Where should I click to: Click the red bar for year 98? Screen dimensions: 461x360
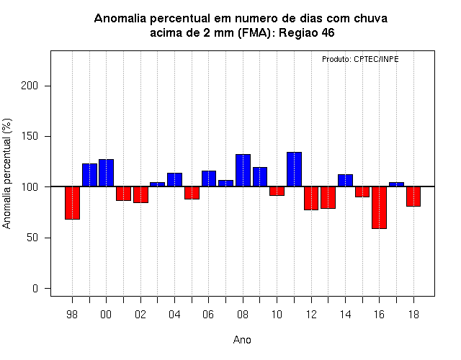point(72,203)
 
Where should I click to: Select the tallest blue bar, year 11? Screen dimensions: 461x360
point(295,169)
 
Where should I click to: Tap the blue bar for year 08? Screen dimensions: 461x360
point(243,170)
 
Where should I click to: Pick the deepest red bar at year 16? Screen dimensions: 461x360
point(380,207)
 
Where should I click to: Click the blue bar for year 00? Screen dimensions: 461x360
point(106,173)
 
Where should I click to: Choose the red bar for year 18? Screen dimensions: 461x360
point(413,197)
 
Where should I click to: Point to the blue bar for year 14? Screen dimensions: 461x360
point(346,181)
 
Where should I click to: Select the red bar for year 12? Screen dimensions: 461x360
point(311,198)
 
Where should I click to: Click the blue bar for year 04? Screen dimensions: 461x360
point(174,179)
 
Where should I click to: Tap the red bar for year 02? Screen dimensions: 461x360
point(141,194)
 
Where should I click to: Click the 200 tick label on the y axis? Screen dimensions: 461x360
point(30,86)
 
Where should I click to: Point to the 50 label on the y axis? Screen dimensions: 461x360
point(32,238)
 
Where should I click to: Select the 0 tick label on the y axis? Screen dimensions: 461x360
point(35,288)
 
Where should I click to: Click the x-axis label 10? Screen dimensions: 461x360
point(277,315)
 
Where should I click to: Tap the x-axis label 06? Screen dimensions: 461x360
point(208,315)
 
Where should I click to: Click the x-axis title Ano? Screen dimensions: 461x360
point(242,340)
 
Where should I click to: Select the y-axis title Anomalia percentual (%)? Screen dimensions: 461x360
point(6,174)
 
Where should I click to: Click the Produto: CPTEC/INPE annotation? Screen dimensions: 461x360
point(360,59)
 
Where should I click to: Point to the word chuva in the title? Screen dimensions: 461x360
point(370,19)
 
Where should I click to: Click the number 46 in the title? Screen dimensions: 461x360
point(328,32)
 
